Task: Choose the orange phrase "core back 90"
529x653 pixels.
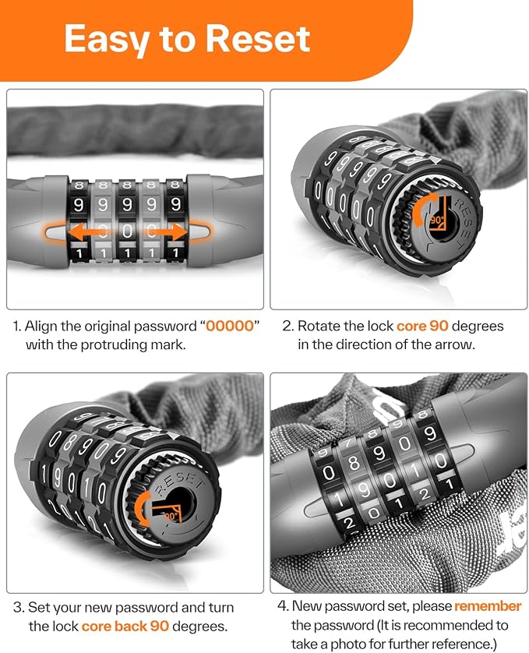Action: [x=125, y=626]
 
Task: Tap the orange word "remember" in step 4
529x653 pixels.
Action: [x=488, y=606]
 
